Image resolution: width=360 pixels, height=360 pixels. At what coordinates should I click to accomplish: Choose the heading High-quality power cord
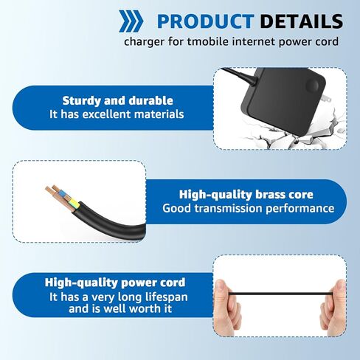tap(115, 282)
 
